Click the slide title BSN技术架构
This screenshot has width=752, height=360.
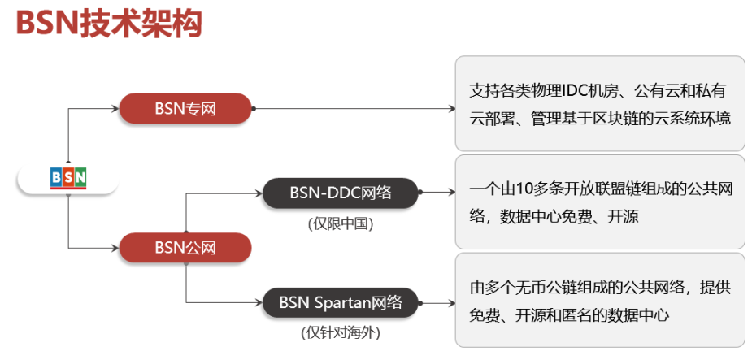[108, 24]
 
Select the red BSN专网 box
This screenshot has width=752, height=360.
[185, 108]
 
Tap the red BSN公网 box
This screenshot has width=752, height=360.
[185, 248]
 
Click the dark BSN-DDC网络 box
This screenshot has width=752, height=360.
[340, 193]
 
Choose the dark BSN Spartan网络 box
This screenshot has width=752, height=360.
[340, 303]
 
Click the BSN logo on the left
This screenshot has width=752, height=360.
[68, 177]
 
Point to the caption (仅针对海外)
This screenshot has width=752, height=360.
[340, 332]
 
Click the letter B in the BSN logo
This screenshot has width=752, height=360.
[56, 177]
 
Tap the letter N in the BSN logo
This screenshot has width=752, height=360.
[80, 177]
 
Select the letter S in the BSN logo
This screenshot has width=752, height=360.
[68, 177]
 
